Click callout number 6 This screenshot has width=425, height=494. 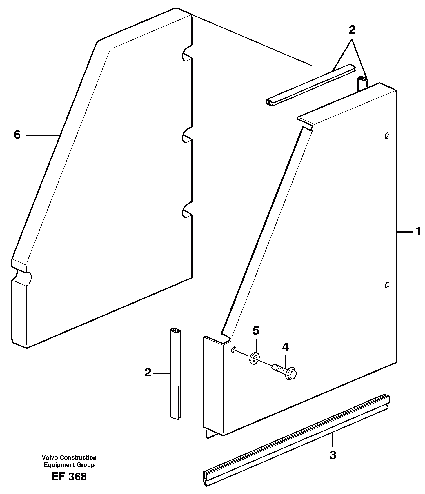tap(17, 135)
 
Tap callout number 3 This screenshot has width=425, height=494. tap(333, 455)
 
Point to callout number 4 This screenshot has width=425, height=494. tap(286, 347)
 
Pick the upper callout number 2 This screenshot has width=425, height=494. tap(352, 30)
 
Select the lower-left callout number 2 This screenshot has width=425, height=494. tap(148, 373)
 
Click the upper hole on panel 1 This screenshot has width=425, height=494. tap(386, 135)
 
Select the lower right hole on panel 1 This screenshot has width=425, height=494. tap(386, 285)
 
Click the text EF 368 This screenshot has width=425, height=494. tap(69, 477)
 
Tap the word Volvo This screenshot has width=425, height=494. tap(49, 457)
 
